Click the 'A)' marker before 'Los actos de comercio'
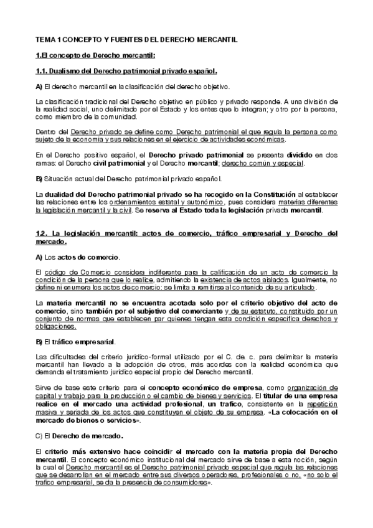(39, 257)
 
